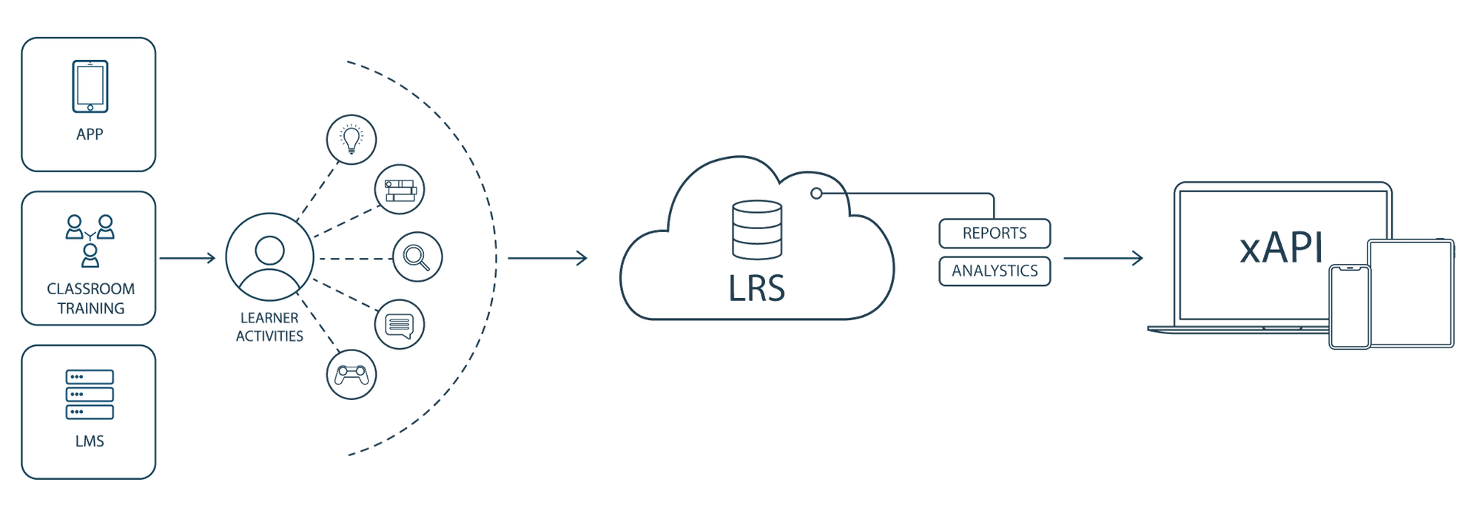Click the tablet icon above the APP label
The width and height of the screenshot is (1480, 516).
coord(90,86)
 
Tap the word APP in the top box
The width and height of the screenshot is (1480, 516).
coord(90,135)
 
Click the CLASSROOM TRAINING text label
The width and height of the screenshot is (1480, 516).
coord(90,298)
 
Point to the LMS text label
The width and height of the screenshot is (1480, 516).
coord(90,441)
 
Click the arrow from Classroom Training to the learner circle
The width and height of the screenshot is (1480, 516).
coord(187,258)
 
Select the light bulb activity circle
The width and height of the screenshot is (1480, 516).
coord(351,138)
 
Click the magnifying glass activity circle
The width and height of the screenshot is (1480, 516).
coord(417,258)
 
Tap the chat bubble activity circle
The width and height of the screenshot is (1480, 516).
coord(400,325)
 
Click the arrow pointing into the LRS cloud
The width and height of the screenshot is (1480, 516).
coord(548,258)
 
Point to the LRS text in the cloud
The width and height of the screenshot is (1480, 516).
coord(756,287)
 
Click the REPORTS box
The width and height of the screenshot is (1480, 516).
coord(994,233)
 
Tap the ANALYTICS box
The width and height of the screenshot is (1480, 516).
coord(994,271)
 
